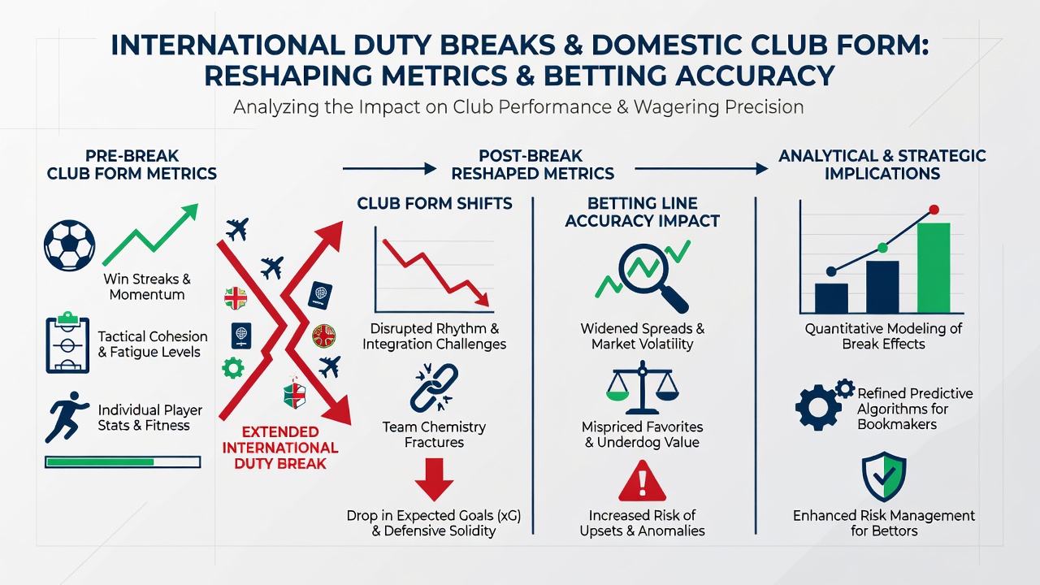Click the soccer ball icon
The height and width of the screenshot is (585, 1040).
coord(70,245)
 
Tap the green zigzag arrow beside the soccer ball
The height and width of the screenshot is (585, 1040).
coord(150,235)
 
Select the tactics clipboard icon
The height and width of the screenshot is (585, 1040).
coord(67,343)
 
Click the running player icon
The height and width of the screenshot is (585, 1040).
coord(67,417)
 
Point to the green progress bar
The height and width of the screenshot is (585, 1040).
coord(123,462)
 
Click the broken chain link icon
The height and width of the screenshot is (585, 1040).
coord(434,388)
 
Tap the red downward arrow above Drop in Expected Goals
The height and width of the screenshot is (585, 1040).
coord(434,479)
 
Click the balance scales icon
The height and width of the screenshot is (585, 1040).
coord(642,388)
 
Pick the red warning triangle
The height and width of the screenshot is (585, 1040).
coord(643,481)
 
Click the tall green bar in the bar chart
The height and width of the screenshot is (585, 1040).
coord(934,268)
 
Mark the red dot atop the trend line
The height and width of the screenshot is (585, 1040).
coord(934,210)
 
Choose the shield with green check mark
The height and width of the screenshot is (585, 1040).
coord(884,476)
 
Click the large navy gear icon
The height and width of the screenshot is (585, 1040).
coord(818,408)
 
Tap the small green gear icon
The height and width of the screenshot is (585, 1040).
coord(232,368)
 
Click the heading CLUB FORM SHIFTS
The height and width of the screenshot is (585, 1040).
coord(435,203)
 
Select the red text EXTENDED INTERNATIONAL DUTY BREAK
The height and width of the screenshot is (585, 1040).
coord(280,448)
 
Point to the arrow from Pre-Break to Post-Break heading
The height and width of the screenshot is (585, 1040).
coord(389,168)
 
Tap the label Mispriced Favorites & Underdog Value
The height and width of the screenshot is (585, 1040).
coord(642,434)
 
